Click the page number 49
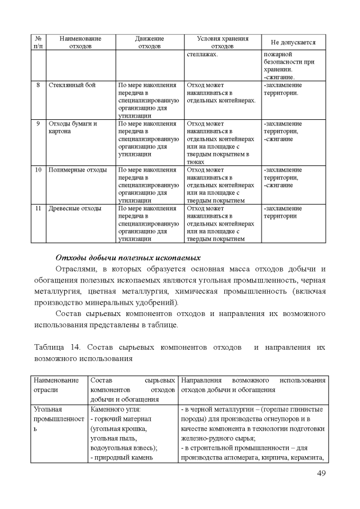pyautogui.click(x=321, y=473)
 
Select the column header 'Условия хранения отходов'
pyautogui.click(x=222, y=42)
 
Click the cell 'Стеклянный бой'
pyautogui.click(x=72, y=85)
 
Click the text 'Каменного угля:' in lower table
pyautogui.click(x=115, y=410)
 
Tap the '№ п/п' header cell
pyautogui.click(x=37, y=42)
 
